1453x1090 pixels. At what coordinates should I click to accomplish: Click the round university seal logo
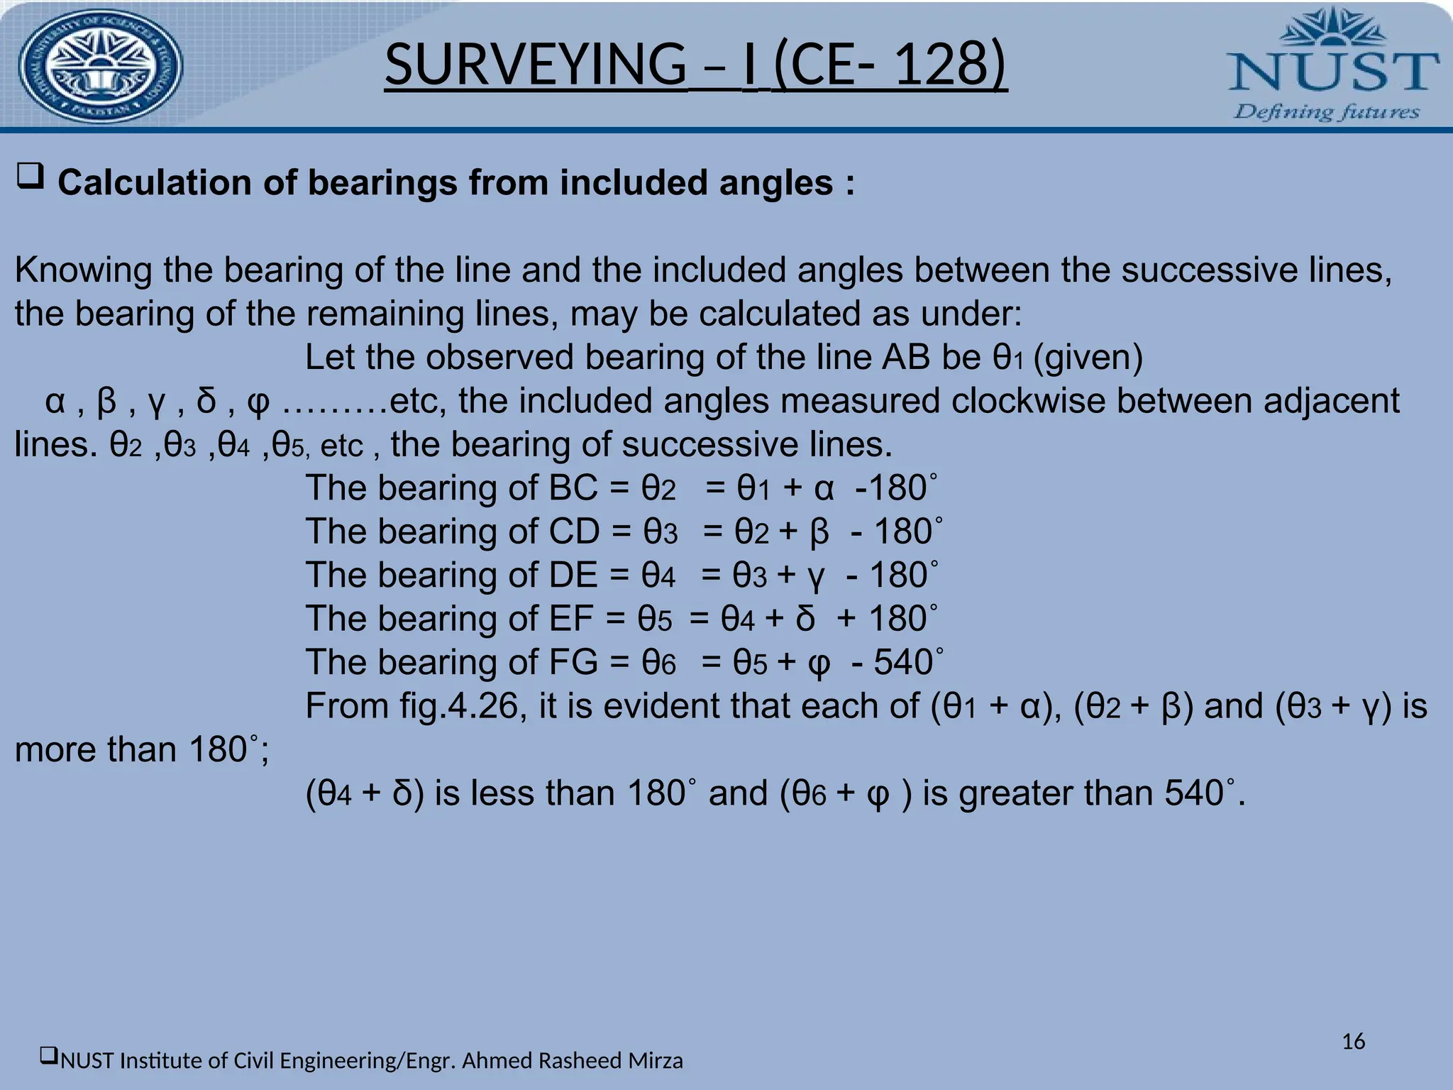click(100, 67)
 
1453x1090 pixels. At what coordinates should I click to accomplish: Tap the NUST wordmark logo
click(1332, 71)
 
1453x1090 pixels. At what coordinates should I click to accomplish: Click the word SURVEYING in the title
click(535, 65)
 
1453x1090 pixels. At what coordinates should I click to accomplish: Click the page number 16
click(1354, 1042)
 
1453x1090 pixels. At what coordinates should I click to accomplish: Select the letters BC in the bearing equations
click(573, 488)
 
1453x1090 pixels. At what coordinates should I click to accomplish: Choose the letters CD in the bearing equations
click(574, 532)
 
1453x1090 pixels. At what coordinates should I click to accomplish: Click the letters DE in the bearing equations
click(573, 575)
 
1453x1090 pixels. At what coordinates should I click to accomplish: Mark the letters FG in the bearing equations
click(573, 662)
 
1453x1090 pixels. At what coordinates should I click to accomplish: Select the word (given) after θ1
click(1088, 357)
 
